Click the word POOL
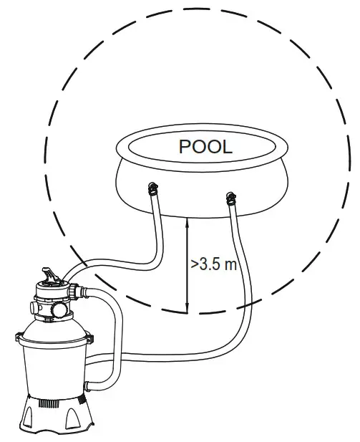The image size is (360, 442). pyautogui.click(x=205, y=147)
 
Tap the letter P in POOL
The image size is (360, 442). pyautogui.click(x=185, y=147)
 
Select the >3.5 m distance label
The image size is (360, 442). pyautogui.click(x=214, y=264)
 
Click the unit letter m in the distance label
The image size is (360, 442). pyautogui.click(x=231, y=265)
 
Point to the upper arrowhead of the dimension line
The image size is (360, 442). pyautogui.click(x=187, y=222)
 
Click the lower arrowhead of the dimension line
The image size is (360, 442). pyautogui.click(x=187, y=308)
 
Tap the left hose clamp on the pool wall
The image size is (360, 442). pyautogui.click(x=153, y=189)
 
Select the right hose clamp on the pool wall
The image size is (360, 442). pyautogui.click(x=230, y=198)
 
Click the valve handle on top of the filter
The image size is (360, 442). pyautogui.click(x=50, y=275)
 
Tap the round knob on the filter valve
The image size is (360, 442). pyautogui.click(x=59, y=309)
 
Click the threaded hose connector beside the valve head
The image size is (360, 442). pyautogui.click(x=77, y=292)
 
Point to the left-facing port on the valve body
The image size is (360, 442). pyautogui.click(x=34, y=307)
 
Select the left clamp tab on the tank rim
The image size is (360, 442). pyautogui.click(x=19, y=337)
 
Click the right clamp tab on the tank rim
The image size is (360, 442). pyautogui.click(x=90, y=338)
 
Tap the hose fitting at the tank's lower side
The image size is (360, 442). pyautogui.click(x=87, y=386)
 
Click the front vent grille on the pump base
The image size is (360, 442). pyautogui.click(x=49, y=403)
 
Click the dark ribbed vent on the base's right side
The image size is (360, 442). pyautogui.click(x=82, y=399)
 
